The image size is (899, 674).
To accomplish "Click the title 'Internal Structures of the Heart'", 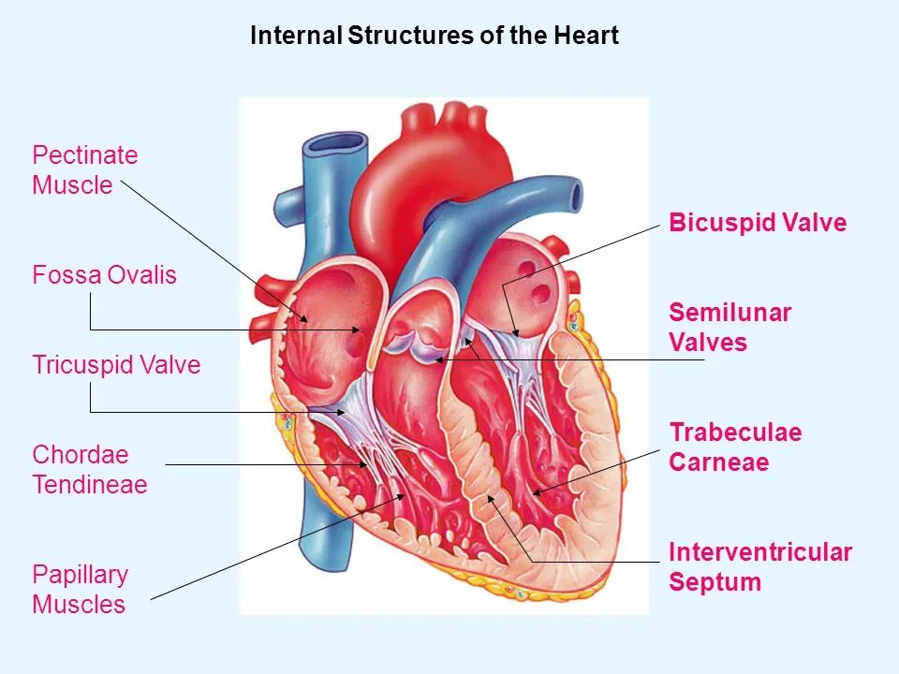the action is (x=435, y=37).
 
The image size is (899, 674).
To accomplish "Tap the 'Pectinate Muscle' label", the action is (x=85, y=169).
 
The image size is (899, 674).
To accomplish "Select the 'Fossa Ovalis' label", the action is (x=104, y=275).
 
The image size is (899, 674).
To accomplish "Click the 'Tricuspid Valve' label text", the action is (x=116, y=364).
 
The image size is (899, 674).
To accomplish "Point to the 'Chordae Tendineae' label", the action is (x=90, y=470).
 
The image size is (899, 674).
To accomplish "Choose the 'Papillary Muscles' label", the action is (x=80, y=589).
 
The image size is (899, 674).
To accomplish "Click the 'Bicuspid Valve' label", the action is (x=758, y=223).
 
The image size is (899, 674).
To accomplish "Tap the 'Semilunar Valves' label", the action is (x=730, y=327).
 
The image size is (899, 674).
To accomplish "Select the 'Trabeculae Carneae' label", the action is (x=735, y=447).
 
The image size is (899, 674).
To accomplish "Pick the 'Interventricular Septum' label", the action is (x=759, y=566).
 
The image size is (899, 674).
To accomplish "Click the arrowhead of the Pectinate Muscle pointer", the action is (x=306, y=321).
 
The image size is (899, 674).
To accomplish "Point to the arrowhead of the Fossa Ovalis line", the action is (x=360, y=330).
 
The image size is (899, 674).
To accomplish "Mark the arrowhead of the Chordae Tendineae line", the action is (x=366, y=464).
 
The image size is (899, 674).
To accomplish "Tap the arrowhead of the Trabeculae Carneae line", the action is (x=534, y=492).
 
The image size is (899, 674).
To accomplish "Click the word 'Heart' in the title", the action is (x=589, y=37).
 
